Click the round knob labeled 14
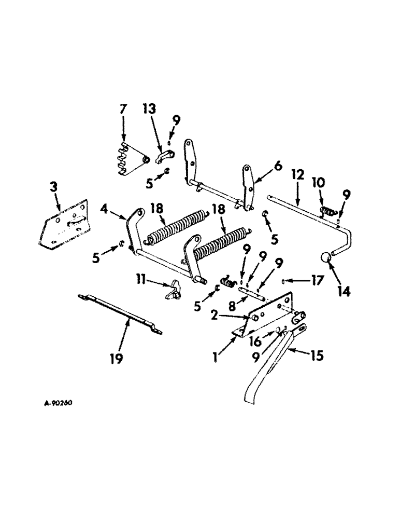[x=326, y=258]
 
